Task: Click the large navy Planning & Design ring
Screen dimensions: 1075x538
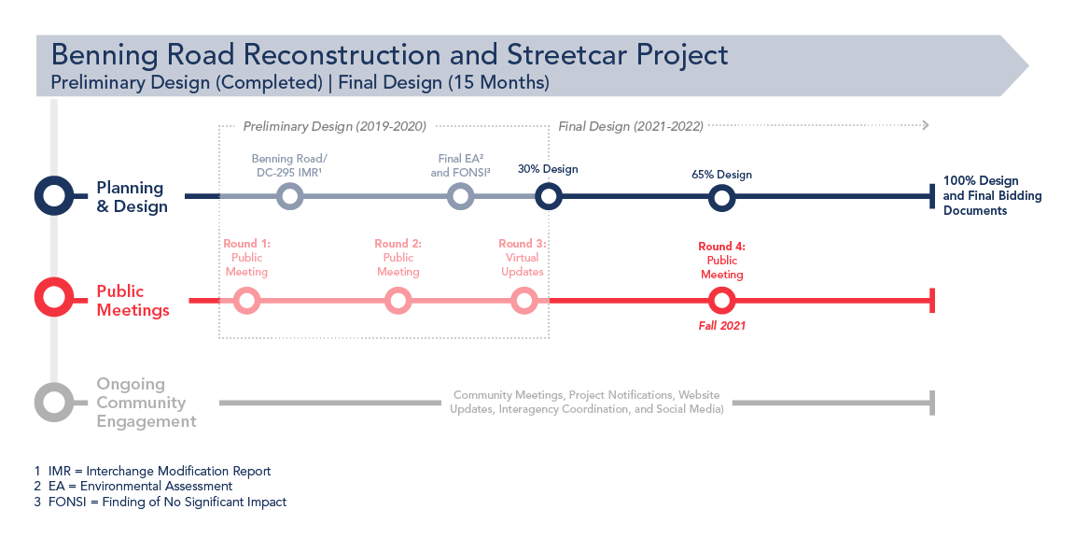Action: tap(53, 179)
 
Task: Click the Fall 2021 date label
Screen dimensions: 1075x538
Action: tap(722, 326)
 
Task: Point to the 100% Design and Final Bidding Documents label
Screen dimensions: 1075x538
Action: tap(992, 195)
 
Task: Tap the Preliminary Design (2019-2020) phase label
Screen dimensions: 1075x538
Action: tap(335, 126)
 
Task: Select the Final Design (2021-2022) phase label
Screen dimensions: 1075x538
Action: tap(631, 126)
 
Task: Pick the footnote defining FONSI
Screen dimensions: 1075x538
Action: tap(161, 502)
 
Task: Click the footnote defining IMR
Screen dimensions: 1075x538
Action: tap(152, 472)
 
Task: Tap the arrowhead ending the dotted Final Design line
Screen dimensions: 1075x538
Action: tap(927, 125)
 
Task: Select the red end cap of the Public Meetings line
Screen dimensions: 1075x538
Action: tap(932, 301)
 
